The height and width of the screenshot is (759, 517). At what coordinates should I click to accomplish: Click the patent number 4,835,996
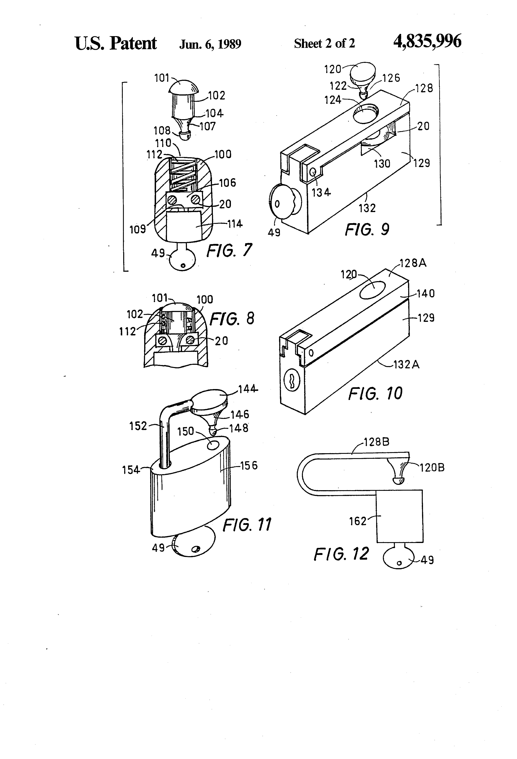tap(427, 42)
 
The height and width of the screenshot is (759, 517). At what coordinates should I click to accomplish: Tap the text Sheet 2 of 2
tap(324, 43)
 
